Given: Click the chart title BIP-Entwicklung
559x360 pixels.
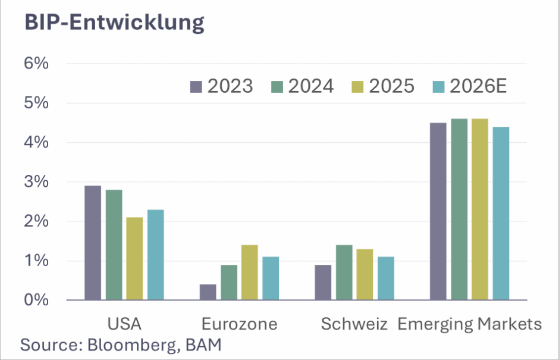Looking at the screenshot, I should click(x=114, y=22).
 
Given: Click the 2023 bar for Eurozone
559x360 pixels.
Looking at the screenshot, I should click(x=208, y=292).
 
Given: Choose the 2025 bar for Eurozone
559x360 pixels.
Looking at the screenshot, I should click(x=250, y=273).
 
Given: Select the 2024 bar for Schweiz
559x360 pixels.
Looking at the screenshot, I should click(x=344, y=273).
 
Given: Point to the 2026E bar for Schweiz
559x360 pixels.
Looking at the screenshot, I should click(x=386, y=278).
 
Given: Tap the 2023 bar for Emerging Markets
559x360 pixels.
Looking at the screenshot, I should click(x=438, y=211).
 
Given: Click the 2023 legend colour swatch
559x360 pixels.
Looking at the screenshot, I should click(x=196, y=87).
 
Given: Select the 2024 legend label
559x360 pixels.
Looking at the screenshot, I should click(x=311, y=86).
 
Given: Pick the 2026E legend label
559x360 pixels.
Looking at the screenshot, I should click(x=478, y=86).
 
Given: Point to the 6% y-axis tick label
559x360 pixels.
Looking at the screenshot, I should click(x=37, y=64).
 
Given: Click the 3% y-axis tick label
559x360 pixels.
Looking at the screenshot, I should click(x=37, y=182).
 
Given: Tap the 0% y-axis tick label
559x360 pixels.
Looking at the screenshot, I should click(x=37, y=300).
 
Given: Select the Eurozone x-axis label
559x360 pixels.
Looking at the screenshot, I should click(x=239, y=324).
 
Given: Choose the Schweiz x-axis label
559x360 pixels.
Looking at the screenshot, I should click(x=354, y=324).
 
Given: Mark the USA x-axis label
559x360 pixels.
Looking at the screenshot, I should click(x=124, y=324).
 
